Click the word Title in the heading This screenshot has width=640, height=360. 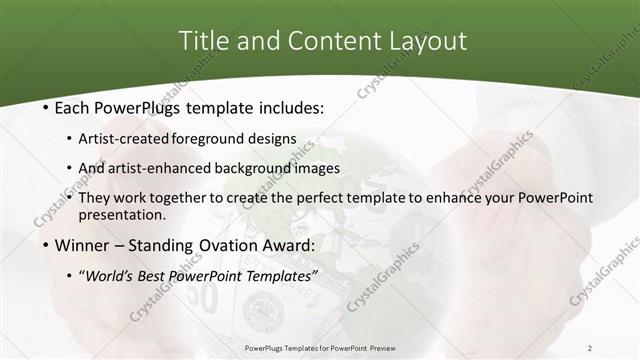point(203,41)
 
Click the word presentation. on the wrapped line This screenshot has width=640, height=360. point(127,215)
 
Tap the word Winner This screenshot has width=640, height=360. point(81,245)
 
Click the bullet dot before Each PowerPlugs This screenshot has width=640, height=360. point(38,106)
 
